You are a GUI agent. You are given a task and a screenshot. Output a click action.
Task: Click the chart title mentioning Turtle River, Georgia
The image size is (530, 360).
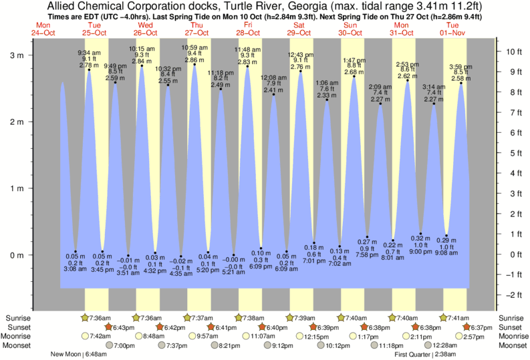point(265,7)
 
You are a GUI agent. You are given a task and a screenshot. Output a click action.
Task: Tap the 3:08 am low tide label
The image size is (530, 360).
point(74,268)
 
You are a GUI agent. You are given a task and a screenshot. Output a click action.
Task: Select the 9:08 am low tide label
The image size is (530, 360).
point(446,253)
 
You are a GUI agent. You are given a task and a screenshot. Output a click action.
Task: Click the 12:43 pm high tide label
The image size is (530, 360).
point(299,54)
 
